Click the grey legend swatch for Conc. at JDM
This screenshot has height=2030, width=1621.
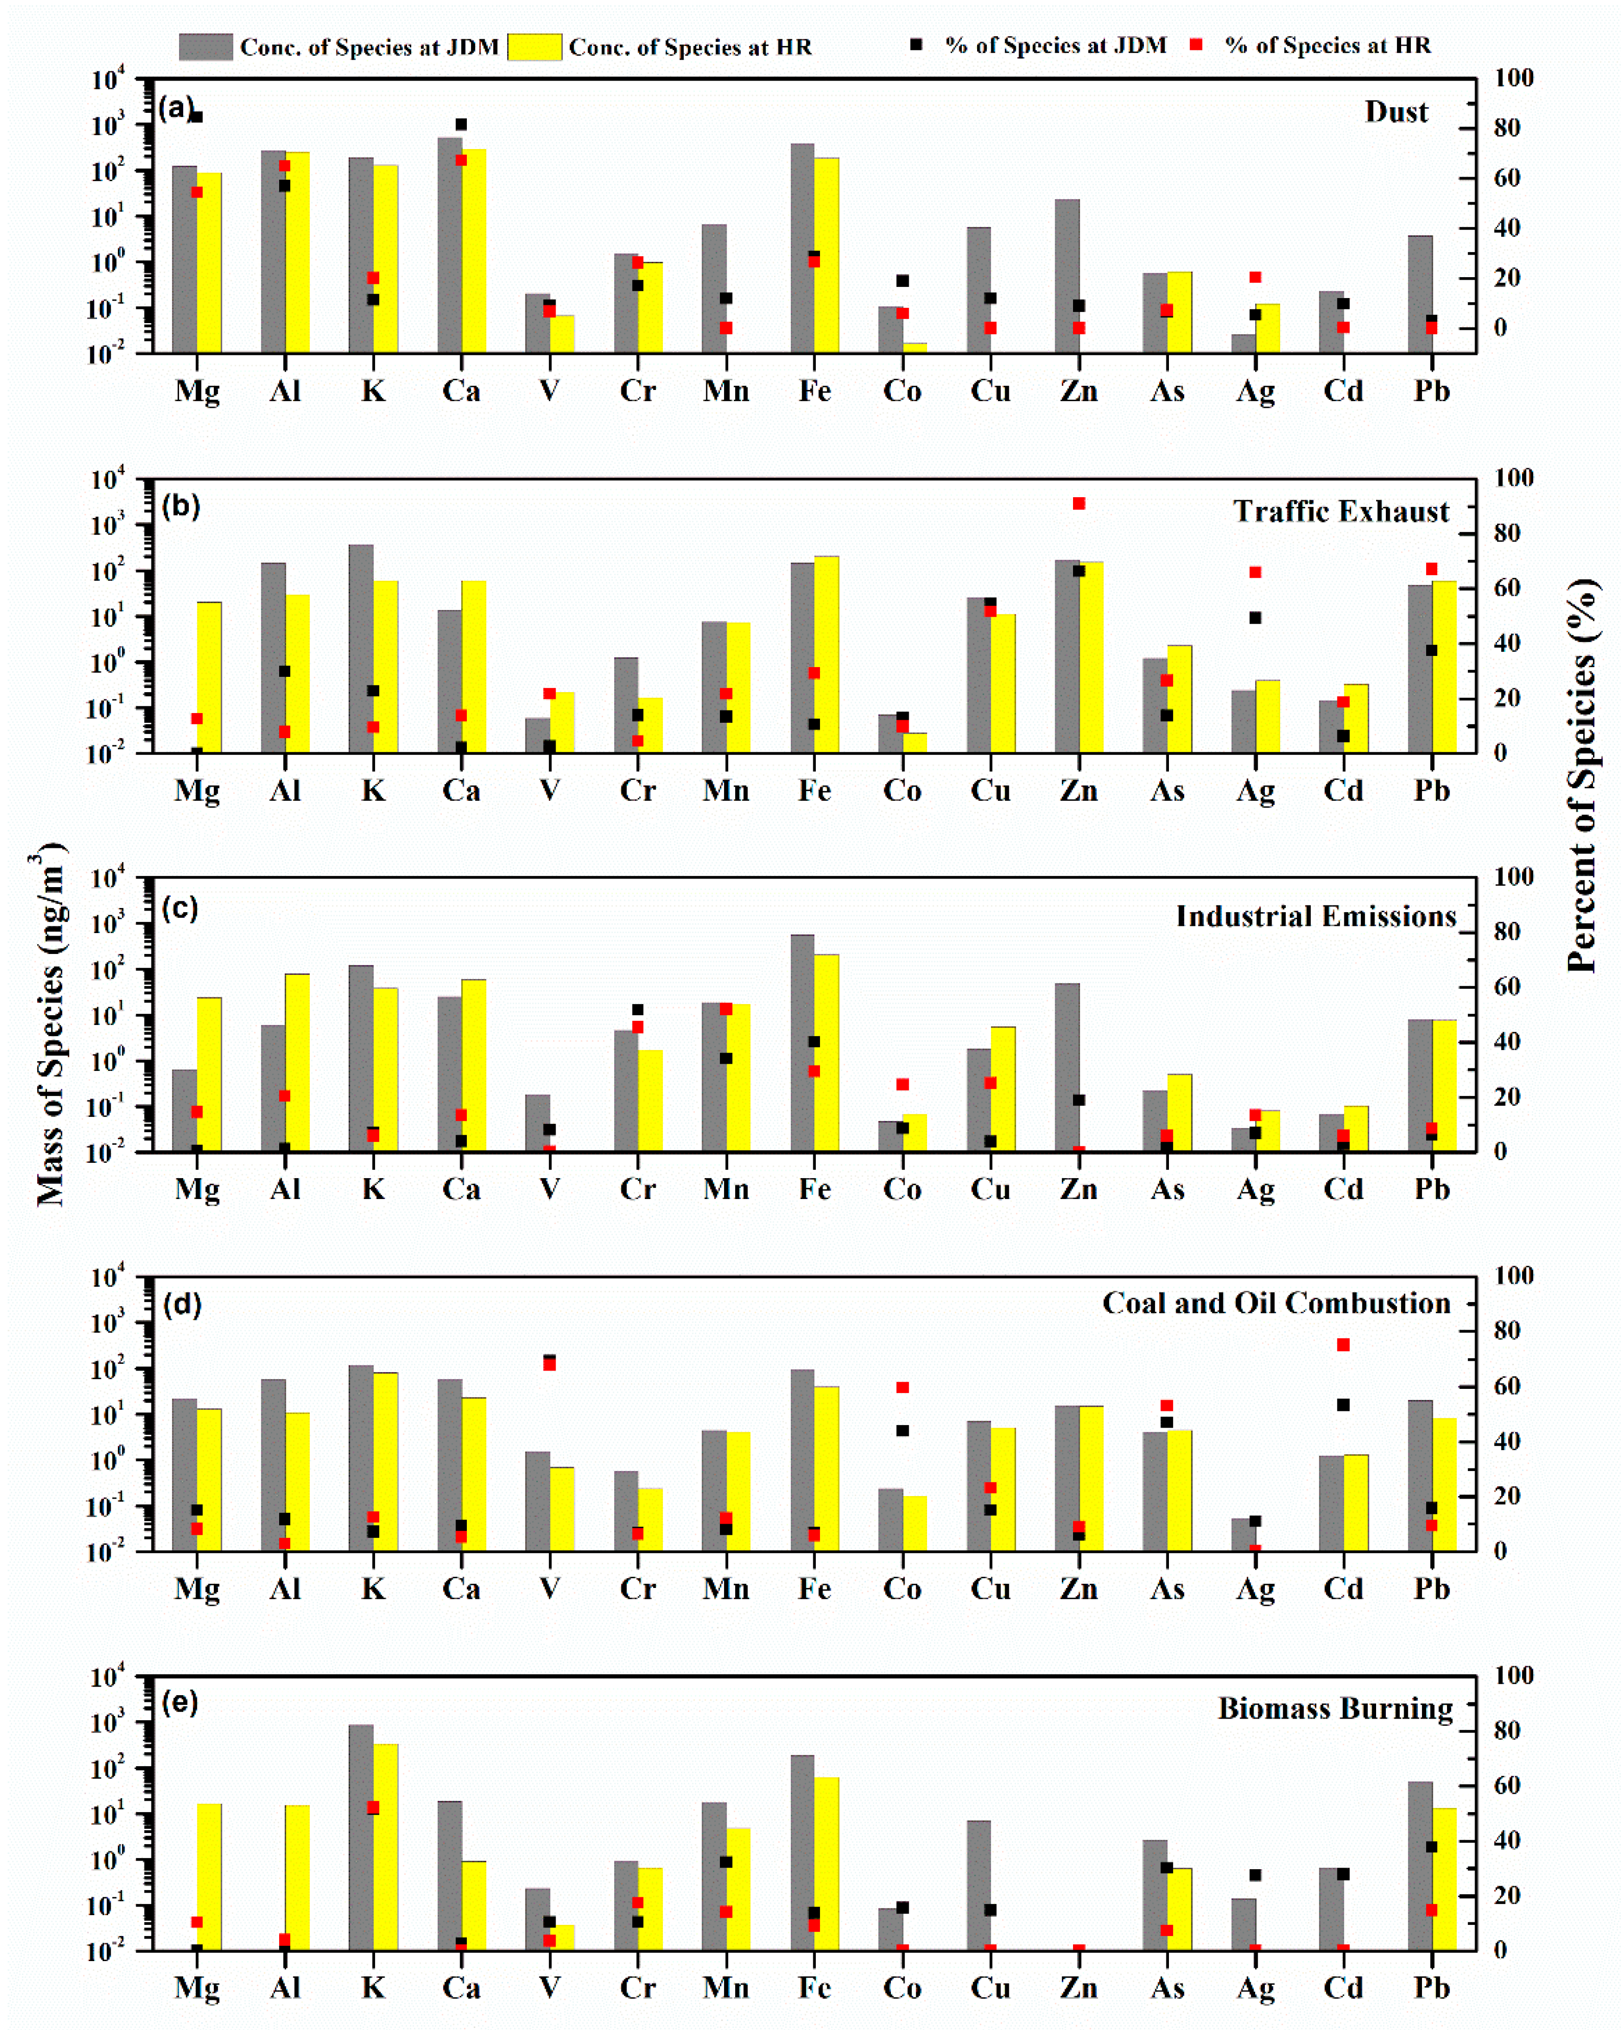point(205,46)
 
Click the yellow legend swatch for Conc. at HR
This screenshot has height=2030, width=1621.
point(534,46)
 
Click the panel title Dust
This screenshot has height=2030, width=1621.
point(1396,112)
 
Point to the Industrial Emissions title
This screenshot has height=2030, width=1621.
point(1315,916)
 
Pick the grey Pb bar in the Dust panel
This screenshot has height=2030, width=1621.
point(1419,294)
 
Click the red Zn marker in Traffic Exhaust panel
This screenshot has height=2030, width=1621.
point(1079,504)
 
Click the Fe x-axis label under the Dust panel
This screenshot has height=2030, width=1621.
point(814,391)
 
